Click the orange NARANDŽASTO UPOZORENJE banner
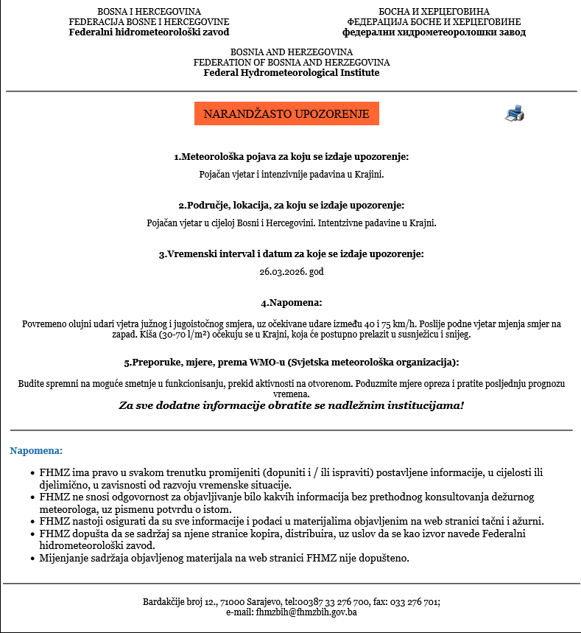(x=286, y=114)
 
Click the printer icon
(x=514, y=113)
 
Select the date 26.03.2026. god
(x=291, y=272)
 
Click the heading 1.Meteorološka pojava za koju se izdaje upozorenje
(x=291, y=157)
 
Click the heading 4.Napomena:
(x=291, y=303)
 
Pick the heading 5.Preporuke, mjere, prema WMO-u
(x=291, y=363)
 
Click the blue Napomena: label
(x=36, y=450)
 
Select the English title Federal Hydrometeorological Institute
(x=291, y=73)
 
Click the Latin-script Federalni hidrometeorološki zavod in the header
(x=149, y=32)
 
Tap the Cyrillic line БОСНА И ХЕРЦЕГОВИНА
(x=434, y=12)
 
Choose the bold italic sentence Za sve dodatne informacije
(x=291, y=405)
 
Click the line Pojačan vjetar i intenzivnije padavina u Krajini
(x=291, y=175)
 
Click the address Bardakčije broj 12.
(x=185, y=602)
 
